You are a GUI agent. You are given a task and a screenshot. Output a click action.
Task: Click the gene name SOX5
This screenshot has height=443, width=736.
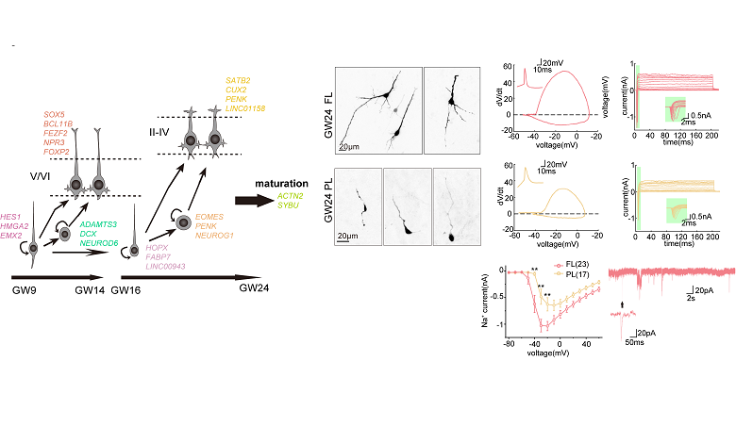(x=55, y=114)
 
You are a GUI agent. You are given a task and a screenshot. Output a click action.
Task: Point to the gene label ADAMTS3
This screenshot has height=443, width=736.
(x=99, y=224)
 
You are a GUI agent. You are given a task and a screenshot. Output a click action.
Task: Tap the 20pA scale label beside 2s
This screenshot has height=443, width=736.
(x=708, y=289)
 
